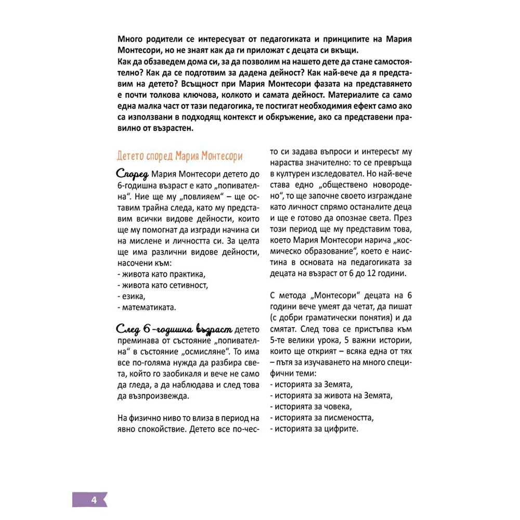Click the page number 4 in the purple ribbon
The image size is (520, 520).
[x=94, y=500]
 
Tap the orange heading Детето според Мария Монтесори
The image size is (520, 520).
[x=179, y=156]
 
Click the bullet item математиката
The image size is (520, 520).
[x=147, y=307]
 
